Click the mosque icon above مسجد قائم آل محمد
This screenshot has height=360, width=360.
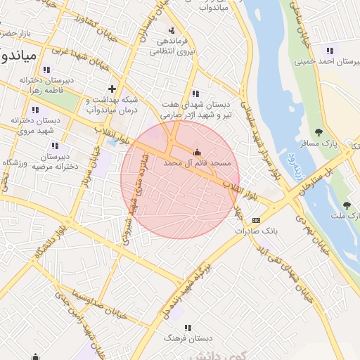[197, 152]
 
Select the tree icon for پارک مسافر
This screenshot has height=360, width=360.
[319, 131]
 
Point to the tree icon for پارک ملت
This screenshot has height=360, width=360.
[346, 205]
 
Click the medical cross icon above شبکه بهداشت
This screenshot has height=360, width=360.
[112, 89]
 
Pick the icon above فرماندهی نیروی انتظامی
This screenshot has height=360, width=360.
[172, 30]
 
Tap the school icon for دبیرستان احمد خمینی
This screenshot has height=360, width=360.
[329, 50]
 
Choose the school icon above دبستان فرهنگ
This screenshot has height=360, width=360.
[187, 328]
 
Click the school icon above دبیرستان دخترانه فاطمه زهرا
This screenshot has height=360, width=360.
[46, 70]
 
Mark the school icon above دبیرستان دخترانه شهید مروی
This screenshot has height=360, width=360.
[36, 110]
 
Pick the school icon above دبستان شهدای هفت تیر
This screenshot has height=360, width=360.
[195, 94]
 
